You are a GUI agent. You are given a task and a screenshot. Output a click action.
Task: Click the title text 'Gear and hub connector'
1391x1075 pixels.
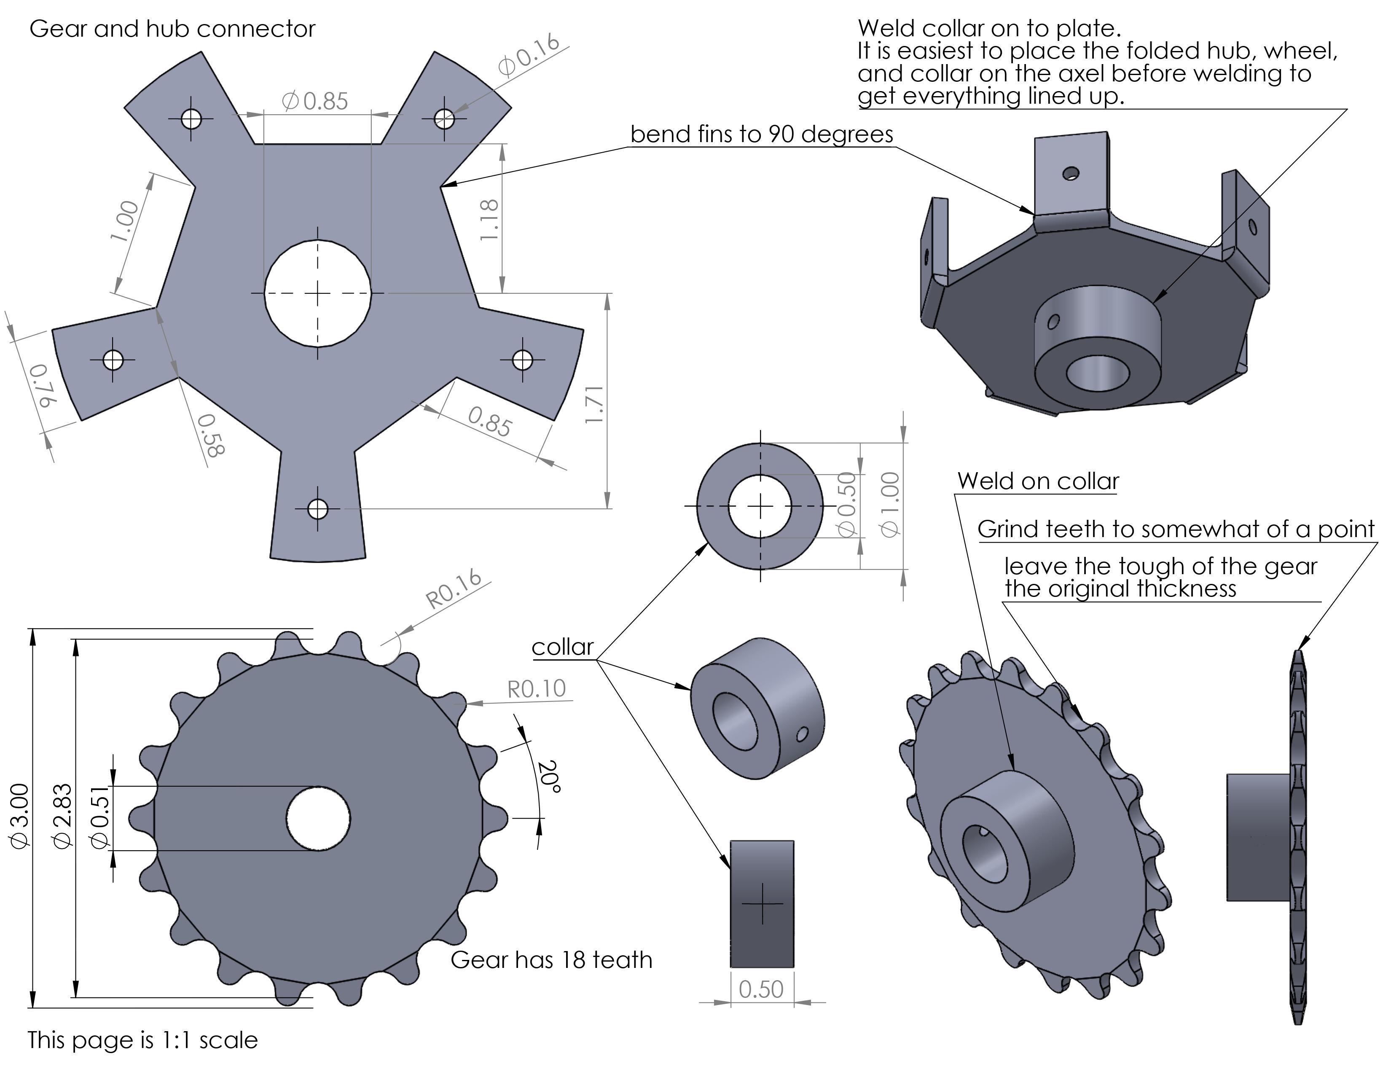172,29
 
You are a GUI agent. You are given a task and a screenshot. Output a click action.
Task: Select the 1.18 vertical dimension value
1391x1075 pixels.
489,220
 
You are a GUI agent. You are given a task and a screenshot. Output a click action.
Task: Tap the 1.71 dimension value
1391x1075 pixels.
594,404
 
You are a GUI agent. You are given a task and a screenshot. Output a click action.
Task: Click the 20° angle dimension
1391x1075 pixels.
549,776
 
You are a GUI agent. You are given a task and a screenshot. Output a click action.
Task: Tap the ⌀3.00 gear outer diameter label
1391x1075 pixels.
20,816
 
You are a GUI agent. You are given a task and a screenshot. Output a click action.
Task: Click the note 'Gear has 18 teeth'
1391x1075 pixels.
552,960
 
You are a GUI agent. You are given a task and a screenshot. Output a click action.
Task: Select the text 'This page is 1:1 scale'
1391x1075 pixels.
142,1040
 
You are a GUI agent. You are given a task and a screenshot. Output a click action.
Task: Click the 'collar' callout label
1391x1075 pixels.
562,647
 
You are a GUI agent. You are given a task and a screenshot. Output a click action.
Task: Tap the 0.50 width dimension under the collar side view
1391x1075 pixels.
761,989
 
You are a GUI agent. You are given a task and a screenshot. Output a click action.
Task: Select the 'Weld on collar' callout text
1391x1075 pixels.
1038,481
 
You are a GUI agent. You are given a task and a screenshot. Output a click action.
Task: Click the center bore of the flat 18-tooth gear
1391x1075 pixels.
318,818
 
